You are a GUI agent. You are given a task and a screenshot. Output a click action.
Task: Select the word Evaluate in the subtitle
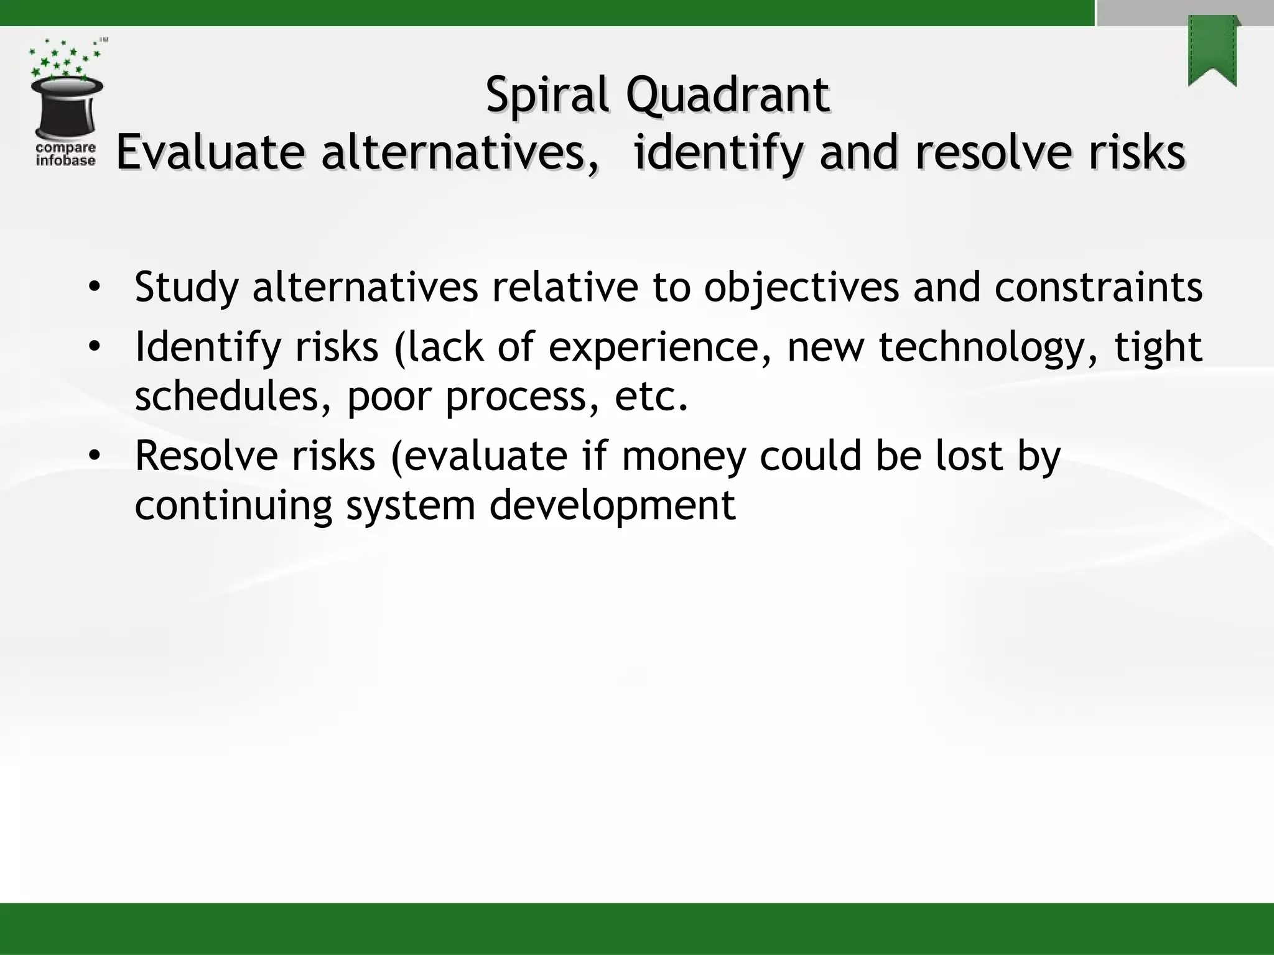[210, 152]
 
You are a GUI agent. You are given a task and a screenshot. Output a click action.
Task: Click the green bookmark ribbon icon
[1212, 51]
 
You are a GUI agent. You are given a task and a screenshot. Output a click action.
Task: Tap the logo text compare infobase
[66, 154]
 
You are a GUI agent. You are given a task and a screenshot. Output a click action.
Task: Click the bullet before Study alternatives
[94, 287]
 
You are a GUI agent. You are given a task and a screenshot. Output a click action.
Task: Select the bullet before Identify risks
[94, 346]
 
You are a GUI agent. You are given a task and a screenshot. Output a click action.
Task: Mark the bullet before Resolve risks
[94, 456]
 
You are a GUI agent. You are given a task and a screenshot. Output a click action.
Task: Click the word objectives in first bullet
[801, 288]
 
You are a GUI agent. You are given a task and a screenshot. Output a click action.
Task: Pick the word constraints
[1098, 287]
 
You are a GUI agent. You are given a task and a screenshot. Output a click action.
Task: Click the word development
[612, 505]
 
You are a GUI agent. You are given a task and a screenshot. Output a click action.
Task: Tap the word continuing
[233, 505]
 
